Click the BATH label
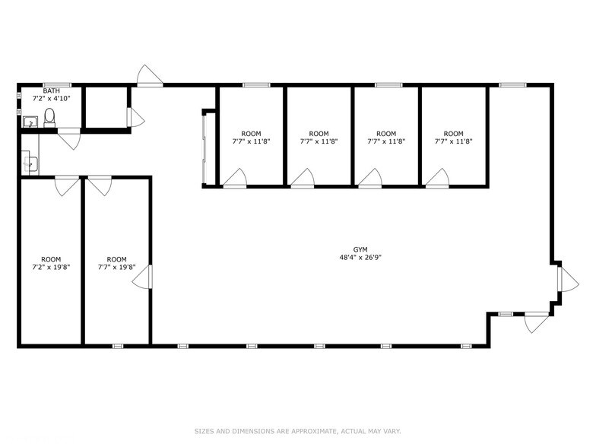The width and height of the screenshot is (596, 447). pos(52,90)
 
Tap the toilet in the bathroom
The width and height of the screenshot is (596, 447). pos(49,117)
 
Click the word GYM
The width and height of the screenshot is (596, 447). pos(360,249)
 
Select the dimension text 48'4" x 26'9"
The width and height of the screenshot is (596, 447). pos(360,258)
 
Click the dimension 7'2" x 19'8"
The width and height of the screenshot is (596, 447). pos(51,268)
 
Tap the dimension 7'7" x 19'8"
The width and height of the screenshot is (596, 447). pos(117,268)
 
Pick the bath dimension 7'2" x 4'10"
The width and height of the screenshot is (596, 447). pos(52,99)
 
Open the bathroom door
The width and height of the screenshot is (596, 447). pos(69,138)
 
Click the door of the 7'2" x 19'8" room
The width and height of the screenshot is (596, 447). pos(66,185)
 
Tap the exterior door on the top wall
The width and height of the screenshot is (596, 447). pos(149,77)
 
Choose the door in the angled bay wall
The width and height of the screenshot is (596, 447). pos(567,280)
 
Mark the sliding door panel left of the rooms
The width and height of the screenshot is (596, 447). pos(204,148)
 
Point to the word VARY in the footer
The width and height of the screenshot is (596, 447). pos(391,430)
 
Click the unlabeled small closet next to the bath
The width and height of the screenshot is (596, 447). pos(105,108)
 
